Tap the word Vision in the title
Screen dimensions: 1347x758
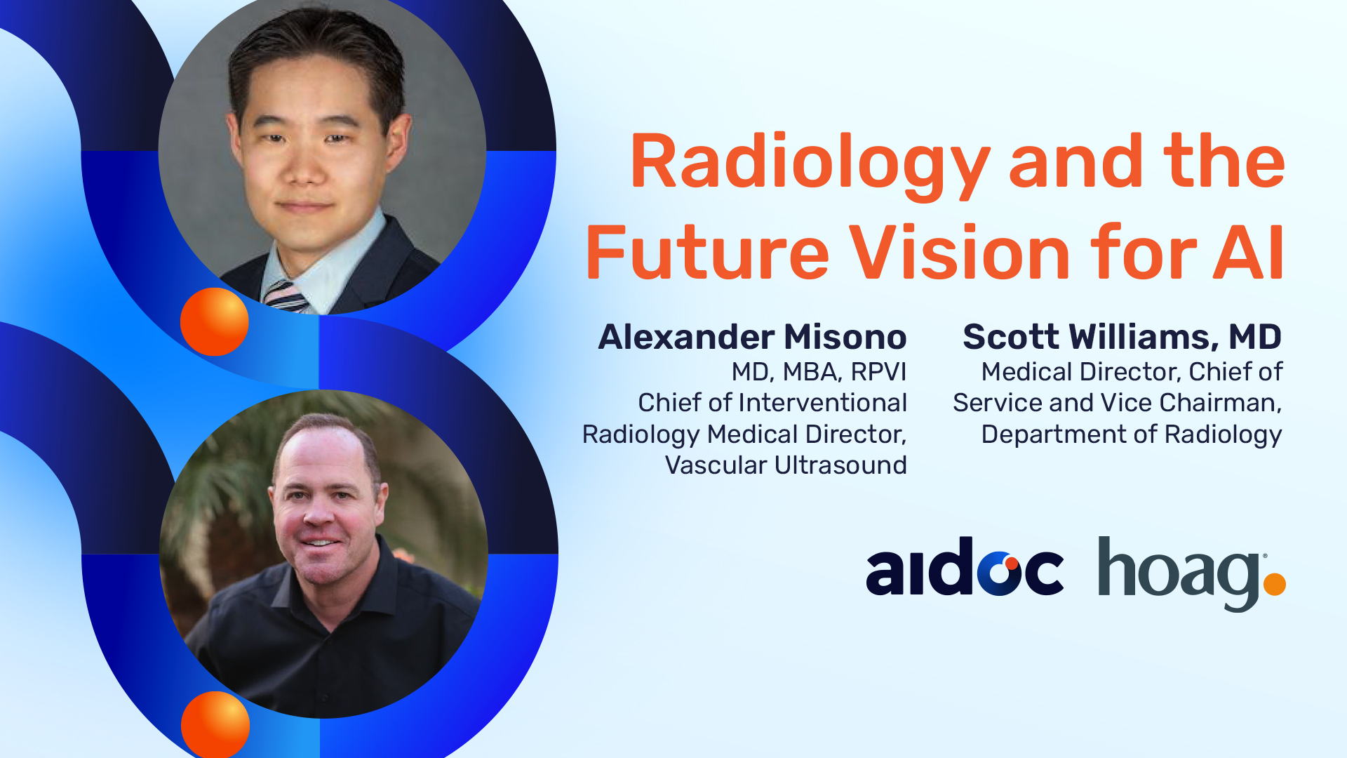pyautogui.click(x=960, y=252)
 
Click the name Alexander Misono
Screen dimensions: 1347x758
pyautogui.click(x=752, y=337)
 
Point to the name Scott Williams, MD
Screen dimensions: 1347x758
pyautogui.click(x=1122, y=337)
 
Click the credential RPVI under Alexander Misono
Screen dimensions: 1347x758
pyautogui.click(x=878, y=372)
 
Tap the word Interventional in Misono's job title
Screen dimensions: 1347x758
pyautogui.click(x=822, y=403)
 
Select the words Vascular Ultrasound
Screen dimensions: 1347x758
pyautogui.click(x=786, y=465)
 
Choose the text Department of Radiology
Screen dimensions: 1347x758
pyautogui.click(x=1132, y=435)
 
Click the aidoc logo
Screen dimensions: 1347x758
pyautogui.click(x=965, y=567)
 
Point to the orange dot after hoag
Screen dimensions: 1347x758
pyautogui.click(x=1274, y=584)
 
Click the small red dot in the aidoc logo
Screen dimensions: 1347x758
pyautogui.click(x=1012, y=563)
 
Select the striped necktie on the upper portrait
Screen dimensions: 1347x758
pyautogui.click(x=286, y=296)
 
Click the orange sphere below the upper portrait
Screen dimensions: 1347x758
pyautogui.click(x=215, y=321)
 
